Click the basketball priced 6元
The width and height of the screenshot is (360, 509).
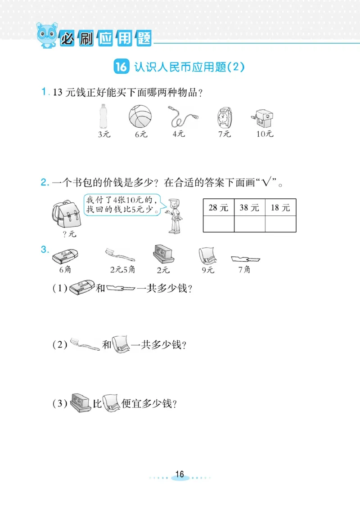click(140, 117)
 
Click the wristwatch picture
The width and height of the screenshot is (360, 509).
click(223, 117)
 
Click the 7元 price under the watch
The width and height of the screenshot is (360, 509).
click(224, 134)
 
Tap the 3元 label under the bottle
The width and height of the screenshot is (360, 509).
click(104, 134)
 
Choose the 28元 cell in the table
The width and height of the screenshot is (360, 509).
click(219, 207)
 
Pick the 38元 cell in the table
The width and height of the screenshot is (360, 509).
click(250, 207)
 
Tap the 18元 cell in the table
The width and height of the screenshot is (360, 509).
click(280, 207)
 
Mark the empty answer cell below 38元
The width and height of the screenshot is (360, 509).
click(250, 224)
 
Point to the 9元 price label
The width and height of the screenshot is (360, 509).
click(208, 270)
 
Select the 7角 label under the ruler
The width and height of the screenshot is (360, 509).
click(244, 270)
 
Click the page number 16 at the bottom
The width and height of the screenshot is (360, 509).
click(180, 474)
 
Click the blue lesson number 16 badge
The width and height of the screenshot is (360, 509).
click(121, 67)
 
